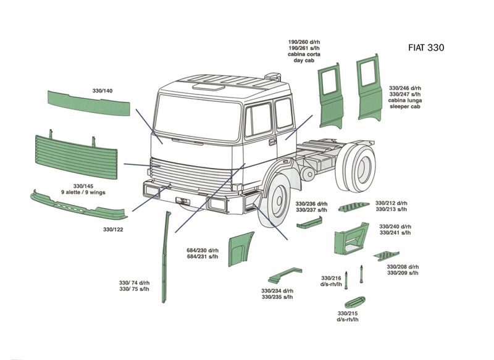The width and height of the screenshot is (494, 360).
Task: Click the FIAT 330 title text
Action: pos(427,47)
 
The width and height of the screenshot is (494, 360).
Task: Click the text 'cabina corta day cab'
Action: pos(304,57)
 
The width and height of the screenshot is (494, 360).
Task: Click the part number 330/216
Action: pos(331,278)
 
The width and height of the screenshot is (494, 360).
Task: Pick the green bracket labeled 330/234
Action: pos(285,274)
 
